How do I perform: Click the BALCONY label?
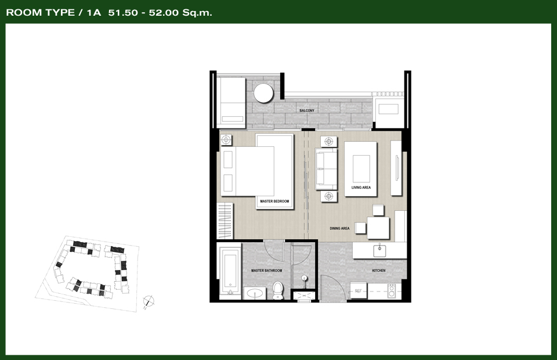[x=306, y=110]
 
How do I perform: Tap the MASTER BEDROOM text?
[x=274, y=201]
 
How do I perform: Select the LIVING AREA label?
[x=361, y=188]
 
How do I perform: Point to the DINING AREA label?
[x=339, y=229]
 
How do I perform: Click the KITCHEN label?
[x=379, y=271]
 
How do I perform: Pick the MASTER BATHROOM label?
[x=266, y=271]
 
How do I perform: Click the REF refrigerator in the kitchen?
[x=359, y=291]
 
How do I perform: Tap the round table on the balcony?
[x=263, y=93]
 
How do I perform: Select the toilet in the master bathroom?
[x=277, y=290]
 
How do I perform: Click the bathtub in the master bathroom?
[x=229, y=271]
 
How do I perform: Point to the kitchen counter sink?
[x=379, y=250]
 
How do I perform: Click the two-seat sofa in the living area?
[x=326, y=169]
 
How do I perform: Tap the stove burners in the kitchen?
[x=392, y=291]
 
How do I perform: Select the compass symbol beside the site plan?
[x=149, y=301]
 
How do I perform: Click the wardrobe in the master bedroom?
[x=225, y=221]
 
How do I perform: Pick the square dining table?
[x=378, y=228]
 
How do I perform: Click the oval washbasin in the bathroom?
[x=255, y=294]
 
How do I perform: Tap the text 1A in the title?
[x=94, y=13]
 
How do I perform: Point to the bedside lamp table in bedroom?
[x=226, y=140]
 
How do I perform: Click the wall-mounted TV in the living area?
[x=397, y=168]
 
